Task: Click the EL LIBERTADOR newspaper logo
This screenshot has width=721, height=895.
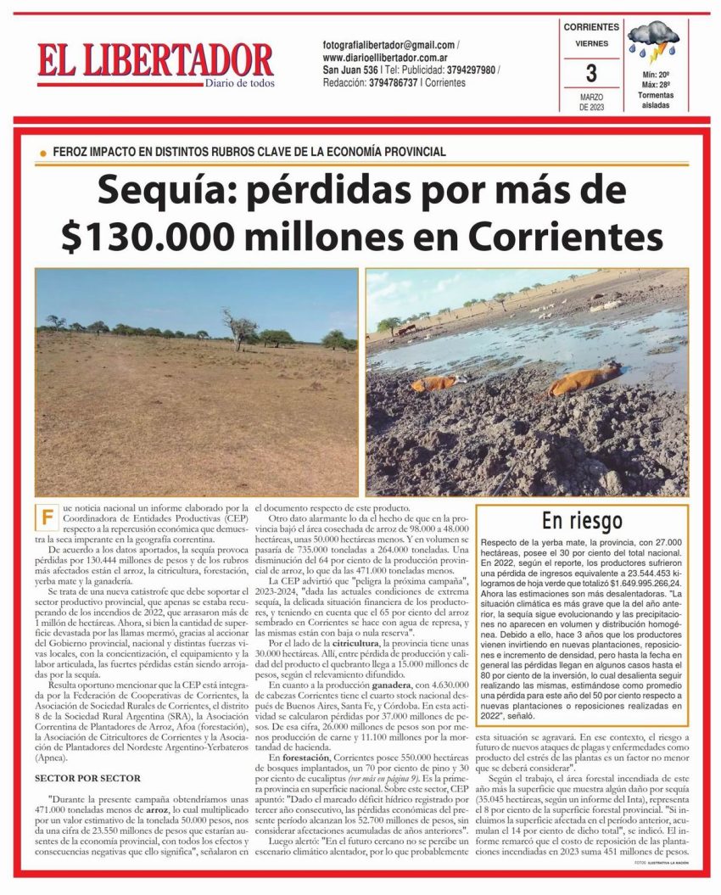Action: coord(155,61)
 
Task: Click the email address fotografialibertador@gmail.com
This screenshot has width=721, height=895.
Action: coord(388,44)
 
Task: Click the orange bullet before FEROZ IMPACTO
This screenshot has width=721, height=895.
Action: coord(42,153)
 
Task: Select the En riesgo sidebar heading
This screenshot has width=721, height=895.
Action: coord(582,520)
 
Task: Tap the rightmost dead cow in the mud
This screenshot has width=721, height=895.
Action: coord(586,378)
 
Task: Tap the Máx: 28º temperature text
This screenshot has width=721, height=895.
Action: coord(656,86)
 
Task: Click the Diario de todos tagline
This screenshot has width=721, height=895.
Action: coord(240,82)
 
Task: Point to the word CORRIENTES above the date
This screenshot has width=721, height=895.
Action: coord(591,27)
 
